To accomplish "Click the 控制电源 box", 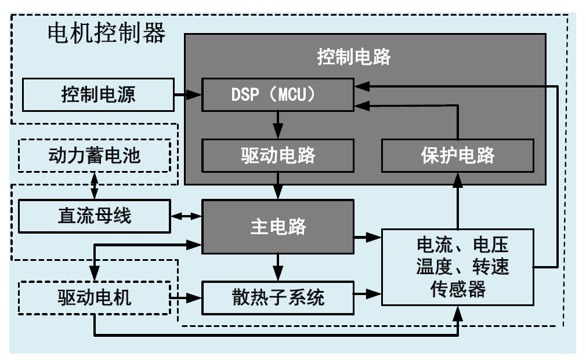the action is pyautogui.click(x=98, y=94).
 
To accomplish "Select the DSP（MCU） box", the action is pyautogui.click(x=278, y=94).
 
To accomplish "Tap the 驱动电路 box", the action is pyautogui.click(x=278, y=156).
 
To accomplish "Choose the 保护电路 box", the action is pyautogui.click(x=457, y=156).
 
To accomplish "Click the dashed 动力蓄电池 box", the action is pyautogui.click(x=95, y=156).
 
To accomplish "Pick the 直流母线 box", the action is pyautogui.click(x=95, y=216).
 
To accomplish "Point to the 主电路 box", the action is pyautogui.click(x=278, y=227).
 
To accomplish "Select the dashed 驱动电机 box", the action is pyautogui.click(x=95, y=297).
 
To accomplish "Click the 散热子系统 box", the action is pyautogui.click(x=278, y=297).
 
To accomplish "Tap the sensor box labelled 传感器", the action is pyautogui.click(x=457, y=267).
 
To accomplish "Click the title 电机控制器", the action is pyautogui.click(x=107, y=33).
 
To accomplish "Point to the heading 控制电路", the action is pyautogui.click(x=353, y=57).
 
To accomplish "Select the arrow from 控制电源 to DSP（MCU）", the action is pyautogui.click(x=187, y=94).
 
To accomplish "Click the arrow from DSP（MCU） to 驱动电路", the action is pyautogui.click(x=278, y=125).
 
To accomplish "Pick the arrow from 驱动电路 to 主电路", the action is pyautogui.click(x=278, y=186).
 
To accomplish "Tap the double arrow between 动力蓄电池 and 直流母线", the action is pyautogui.click(x=95, y=186).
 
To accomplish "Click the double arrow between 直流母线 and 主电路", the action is pyautogui.click(x=186, y=216).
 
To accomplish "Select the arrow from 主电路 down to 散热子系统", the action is pyautogui.click(x=278, y=267).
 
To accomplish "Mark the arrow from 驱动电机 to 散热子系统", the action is pyautogui.click(x=186, y=297).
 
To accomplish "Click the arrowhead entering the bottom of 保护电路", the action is pyautogui.click(x=458, y=180).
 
